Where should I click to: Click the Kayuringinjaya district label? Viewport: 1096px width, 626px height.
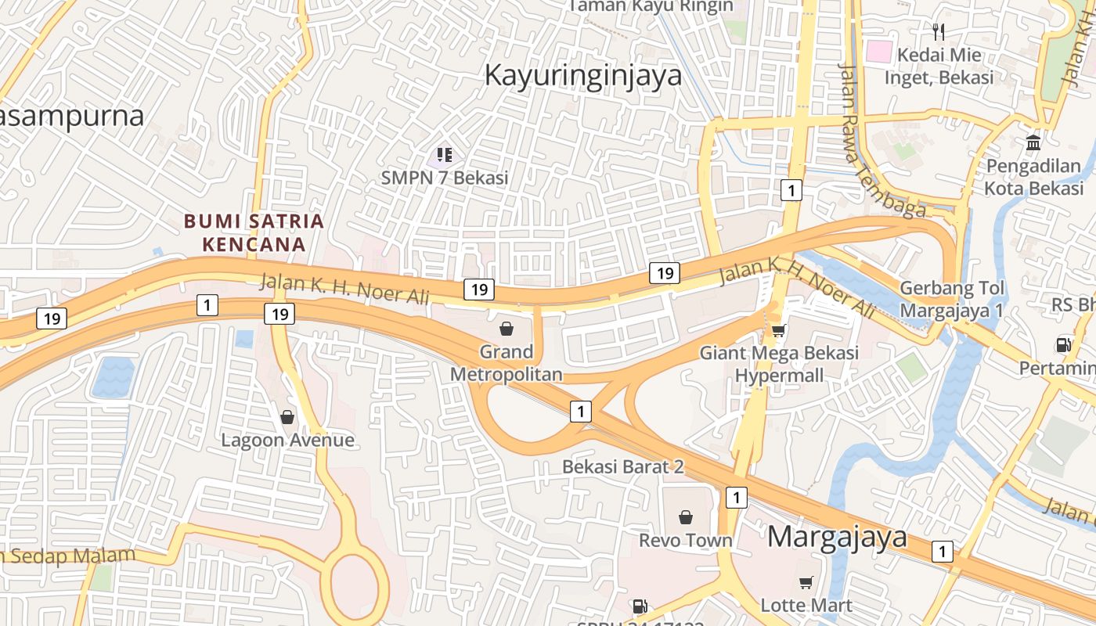pos(583,76)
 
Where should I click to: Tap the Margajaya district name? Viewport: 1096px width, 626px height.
pos(837,537)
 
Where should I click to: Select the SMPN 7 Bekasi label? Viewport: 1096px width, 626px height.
pos(445,178)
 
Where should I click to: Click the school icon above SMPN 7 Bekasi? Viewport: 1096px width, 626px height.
pos(445,155)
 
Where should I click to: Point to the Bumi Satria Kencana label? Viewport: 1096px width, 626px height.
pos(254,232)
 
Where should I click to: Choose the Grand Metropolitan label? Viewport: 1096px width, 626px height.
pos(506,363)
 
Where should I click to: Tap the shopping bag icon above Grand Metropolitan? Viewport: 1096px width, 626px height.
pos(507,329)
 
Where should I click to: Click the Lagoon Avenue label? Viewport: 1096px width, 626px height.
pos(287,440)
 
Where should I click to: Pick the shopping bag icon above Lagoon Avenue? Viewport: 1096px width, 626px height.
pos(287,417)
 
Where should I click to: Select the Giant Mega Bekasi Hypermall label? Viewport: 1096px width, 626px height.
pos(779,364)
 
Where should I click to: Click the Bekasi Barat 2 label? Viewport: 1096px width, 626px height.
pos(623,467)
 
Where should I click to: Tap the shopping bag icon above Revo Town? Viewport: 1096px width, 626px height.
pos(686,517)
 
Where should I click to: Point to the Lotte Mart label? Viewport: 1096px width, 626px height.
pos(806,605)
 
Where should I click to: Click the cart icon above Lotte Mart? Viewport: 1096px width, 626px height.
pos(806,582)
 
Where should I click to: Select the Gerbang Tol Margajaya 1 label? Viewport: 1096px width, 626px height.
pos(951,299)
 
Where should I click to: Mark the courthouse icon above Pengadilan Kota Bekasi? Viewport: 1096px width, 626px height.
pos(1033,143)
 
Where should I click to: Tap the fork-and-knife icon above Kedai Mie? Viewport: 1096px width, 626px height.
pos(939,31)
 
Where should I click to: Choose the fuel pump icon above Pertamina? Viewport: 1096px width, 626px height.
pos(1063,344)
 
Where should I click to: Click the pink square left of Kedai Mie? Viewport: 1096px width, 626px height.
pos(879,52)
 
